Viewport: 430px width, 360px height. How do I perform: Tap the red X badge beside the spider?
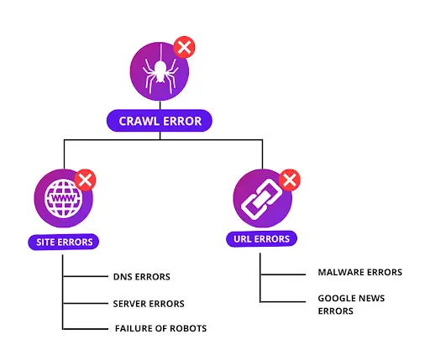pyautogui.click(x=183, y=47)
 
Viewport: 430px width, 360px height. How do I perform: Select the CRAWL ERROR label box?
pyautogui.click(x=159, y=121)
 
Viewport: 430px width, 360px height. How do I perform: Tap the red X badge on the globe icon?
pyautogui.click(x=86, y=180)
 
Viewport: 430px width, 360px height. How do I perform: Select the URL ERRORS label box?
pyautogui.click(x=261, y=239)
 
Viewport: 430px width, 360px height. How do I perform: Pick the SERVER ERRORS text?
pyautogui.click(x=149, y=304)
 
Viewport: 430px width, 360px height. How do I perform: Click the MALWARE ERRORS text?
pyautogui.click(x=359, y=273)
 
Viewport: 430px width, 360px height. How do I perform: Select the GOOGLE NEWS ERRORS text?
pyautogui.click(x=348, y=304)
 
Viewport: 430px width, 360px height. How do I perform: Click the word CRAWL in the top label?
pyautogui.click(x=139, y=121)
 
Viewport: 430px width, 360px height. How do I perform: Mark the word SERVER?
pyautogui.click(x=130, y=304)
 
